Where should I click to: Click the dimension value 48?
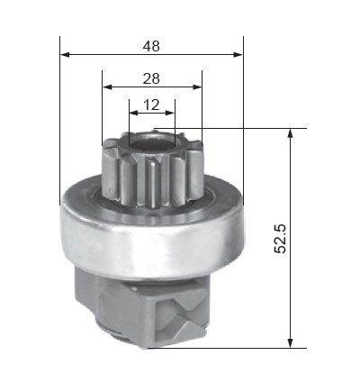tap(151, 46)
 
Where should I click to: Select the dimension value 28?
tap(151, 78)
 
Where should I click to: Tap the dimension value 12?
tap(151, 105)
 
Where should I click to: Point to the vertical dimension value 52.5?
tap(280, 239)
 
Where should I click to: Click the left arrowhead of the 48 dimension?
tap(65, 55)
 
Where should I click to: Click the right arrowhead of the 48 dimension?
tap(238, 55)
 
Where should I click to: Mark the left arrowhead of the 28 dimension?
tap(107, 87)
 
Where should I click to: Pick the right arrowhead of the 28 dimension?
tap(197, 87)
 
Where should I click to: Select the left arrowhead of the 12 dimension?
tap(134, 113)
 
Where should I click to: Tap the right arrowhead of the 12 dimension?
tap(170, 113)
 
